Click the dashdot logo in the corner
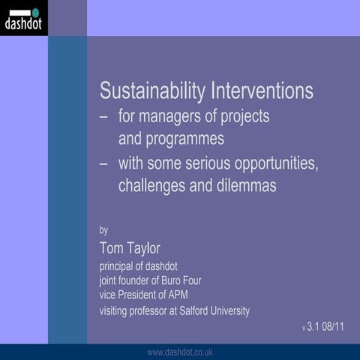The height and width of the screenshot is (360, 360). (x=23, y=18)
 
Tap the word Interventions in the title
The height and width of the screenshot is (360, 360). (x=262, y=92)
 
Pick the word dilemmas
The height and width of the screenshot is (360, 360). (x=244, y=186)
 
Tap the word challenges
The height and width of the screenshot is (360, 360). (x=152, y=186)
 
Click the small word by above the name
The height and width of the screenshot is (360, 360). (x=104, y=230)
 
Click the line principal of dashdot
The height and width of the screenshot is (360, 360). (x=139, y=266)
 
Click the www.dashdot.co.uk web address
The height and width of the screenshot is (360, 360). (x=180, y=352)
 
